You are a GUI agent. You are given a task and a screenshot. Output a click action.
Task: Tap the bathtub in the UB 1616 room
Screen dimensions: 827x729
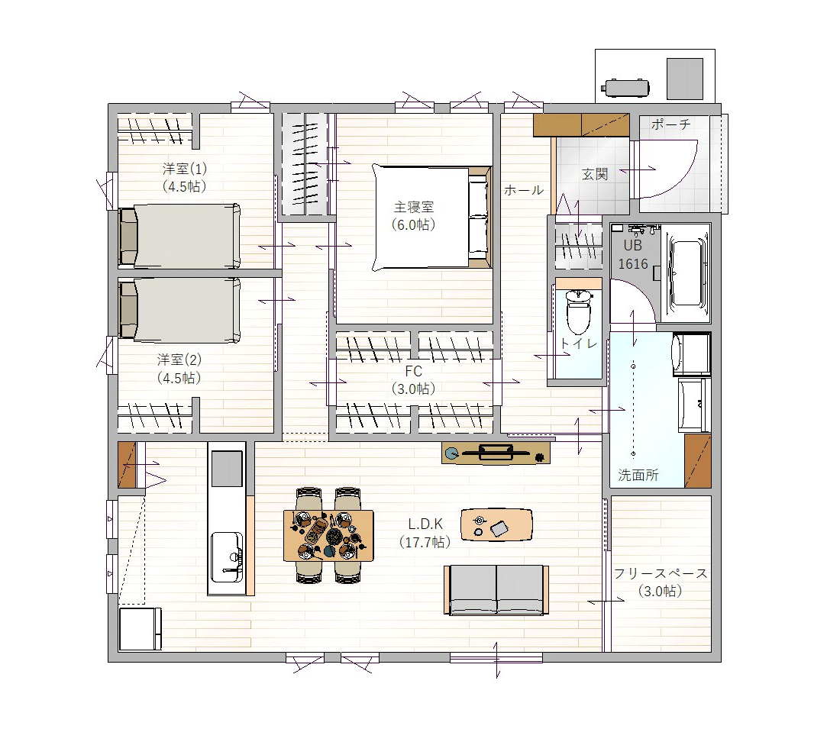click(x=686, y=273)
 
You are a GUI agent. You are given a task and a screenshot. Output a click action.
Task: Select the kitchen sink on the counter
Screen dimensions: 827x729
click(x=227, y=556)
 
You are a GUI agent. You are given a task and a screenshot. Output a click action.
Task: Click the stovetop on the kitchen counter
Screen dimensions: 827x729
click(x=227, y=469)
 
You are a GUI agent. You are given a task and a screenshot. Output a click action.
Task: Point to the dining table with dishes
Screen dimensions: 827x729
click(x=328, y=535)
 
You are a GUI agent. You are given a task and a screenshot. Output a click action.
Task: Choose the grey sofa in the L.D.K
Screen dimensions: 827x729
click(x=496, y=590)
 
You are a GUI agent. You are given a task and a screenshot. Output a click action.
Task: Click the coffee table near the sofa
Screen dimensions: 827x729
click(x=496, y=524)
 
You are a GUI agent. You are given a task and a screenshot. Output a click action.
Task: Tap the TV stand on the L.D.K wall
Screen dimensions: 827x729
click(x=496, y=453)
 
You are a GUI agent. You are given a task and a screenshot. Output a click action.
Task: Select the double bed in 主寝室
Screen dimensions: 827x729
click(x=432, y=218)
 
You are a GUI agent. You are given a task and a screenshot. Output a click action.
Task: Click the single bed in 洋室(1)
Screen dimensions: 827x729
click(x=180, y=236)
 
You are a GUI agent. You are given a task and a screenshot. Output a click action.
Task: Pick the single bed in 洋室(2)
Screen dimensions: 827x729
click(x=180, y=309)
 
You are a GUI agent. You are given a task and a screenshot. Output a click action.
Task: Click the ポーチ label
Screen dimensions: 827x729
click(x=670, y=125)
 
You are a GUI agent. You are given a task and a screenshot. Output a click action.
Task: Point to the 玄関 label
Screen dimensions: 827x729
click(x=595, y=174)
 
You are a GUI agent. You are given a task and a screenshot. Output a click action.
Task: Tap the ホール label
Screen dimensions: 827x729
click(x=523, y=190)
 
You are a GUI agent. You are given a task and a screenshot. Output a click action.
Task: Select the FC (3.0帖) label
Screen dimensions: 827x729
click(x=414, y=379)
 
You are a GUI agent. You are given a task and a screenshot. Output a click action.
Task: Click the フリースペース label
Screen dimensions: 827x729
click(x=661, y=573)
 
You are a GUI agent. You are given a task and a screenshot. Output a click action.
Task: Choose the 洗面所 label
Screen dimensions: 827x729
click(x=638, y=475)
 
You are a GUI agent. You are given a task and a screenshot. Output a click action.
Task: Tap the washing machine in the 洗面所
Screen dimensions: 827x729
click(x=691, y=353)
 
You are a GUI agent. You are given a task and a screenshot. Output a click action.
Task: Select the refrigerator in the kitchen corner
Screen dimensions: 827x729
click(x=141, y=629)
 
